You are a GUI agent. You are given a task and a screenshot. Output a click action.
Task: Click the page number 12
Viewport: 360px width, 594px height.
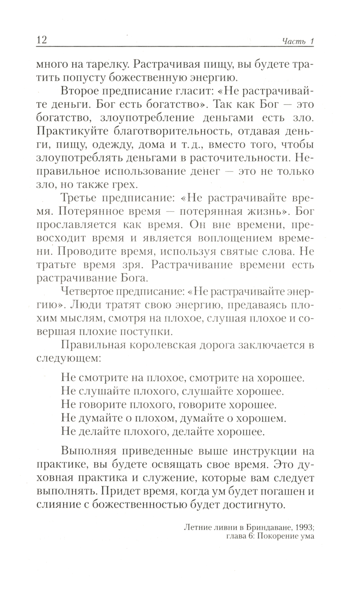click(x=42, y=39)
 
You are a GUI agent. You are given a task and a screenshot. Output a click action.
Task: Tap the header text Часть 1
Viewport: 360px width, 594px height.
click(x=298, y=41)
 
